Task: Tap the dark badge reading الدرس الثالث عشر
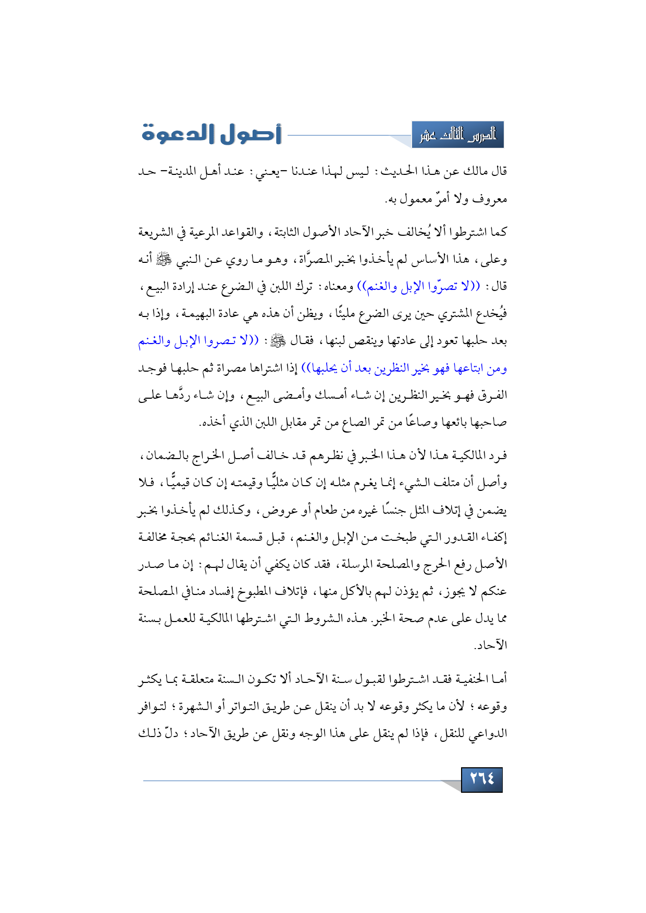[x=457, y=135]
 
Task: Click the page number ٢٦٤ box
[x=482, y=779]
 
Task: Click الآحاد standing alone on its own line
[x=490, y=646]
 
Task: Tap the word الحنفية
[x=471, y=679]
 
